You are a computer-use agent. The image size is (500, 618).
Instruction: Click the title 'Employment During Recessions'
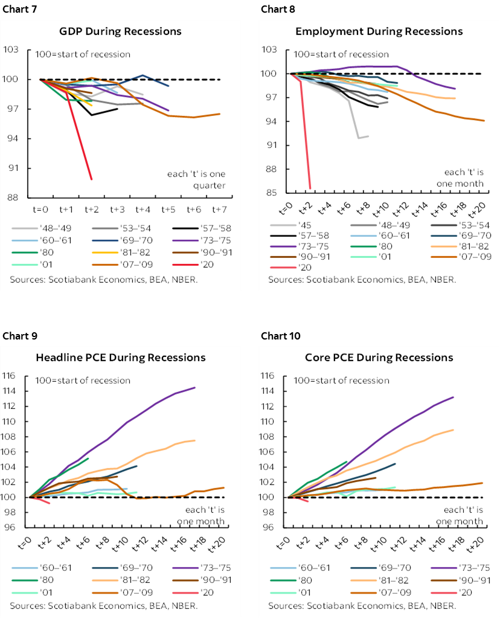(379, 31)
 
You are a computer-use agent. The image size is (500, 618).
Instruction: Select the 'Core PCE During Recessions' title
(379, 358)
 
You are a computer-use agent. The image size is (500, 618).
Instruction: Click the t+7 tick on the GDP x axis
(219, 210)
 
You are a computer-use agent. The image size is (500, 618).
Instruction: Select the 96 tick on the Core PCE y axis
(277, 527)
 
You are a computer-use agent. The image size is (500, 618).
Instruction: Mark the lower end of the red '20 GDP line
(91, 179)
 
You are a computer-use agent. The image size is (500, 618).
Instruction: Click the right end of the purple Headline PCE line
(195, 388)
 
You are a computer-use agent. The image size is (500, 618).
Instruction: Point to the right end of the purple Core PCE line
(453, 397)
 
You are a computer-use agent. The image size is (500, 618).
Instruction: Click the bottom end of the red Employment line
(310, 188)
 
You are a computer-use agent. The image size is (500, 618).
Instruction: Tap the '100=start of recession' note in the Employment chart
(337, 55)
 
